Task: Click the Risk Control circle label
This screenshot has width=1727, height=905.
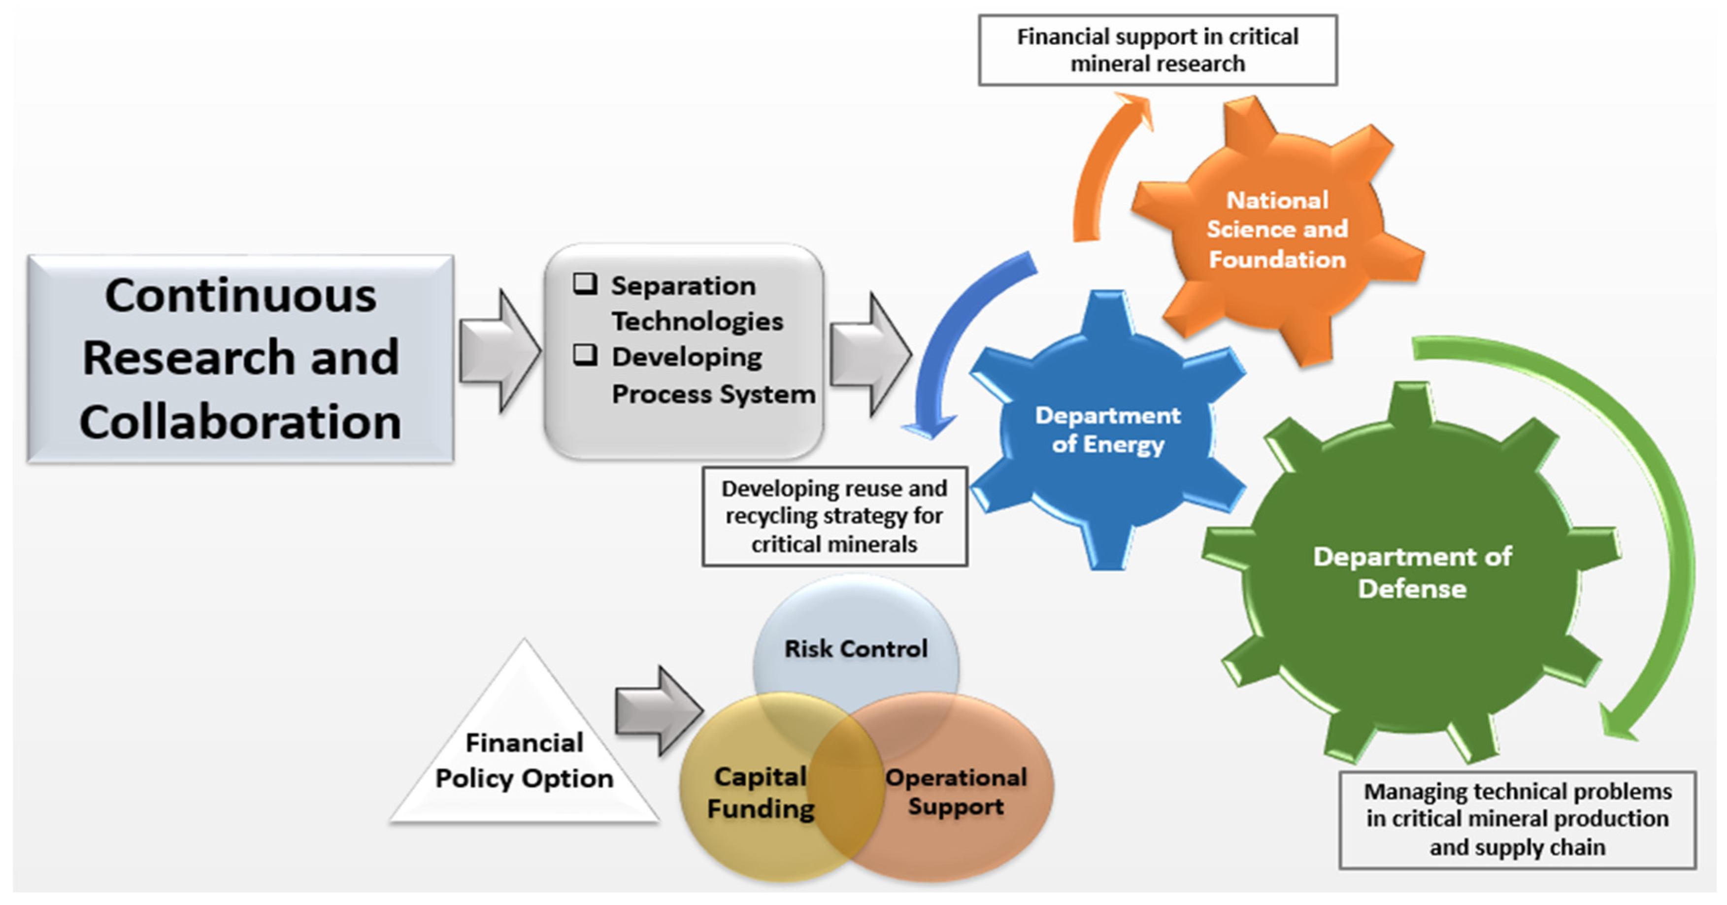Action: tap(856, 648)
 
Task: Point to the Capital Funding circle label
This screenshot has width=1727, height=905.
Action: tap(760, 792)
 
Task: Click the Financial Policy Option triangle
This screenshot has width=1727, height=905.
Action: tap(524, 760)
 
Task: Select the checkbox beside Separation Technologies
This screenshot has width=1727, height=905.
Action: tap(585, 284)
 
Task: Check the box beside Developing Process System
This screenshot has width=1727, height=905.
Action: tap(585, 355)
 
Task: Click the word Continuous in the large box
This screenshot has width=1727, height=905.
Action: tap(240, 296)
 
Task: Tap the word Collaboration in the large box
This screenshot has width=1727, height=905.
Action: tap(240, 422)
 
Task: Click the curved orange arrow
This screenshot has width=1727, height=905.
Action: tap(1099, 168)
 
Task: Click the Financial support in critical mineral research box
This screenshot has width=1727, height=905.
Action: tap(1157, 50)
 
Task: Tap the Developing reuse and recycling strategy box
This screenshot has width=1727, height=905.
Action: tap(834, 516)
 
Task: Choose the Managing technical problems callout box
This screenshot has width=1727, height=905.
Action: tap(1517, 819)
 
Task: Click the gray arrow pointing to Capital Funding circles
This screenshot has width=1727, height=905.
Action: tap(658, 710)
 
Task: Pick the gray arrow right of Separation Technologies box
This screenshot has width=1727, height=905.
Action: tap(869, 354)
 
